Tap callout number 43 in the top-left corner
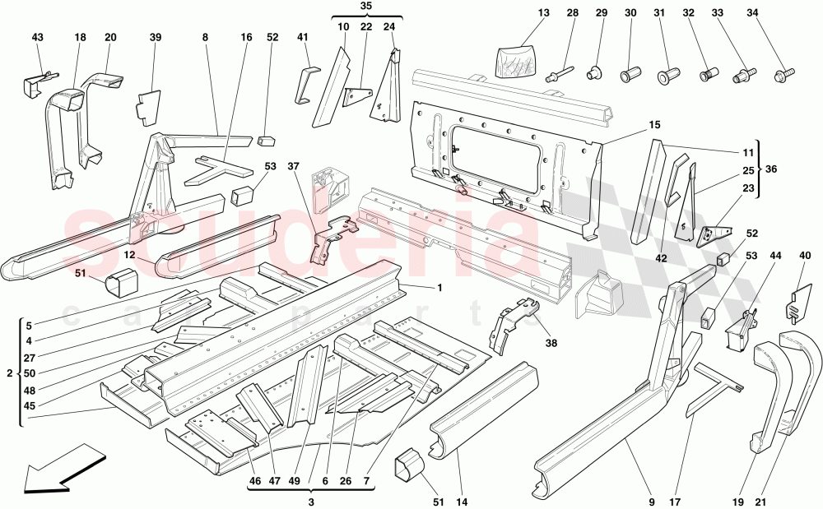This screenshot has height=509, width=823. pos(39,38)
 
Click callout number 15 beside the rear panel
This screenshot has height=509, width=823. pos(654,125)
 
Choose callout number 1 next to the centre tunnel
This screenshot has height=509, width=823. pos(440,287)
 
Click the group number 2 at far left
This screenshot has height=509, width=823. pos(9,372)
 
